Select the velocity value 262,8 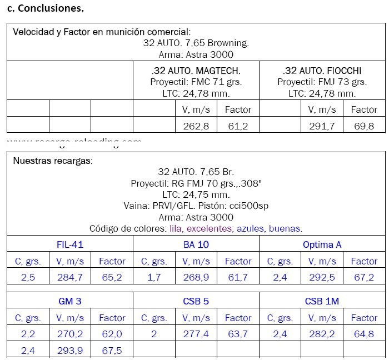pyautogui.click(x=196, y=126)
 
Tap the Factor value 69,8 pyautogui.click(x=364, y=126)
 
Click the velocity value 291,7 pyautogui.click(x=322, y=126)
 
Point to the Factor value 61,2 pyautogui.click(x=238, y=126)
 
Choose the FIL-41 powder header pyautogui.click(x=70, y=244)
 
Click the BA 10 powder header pyautogui.click(x=196, y=244)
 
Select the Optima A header pyautogui.click(x=322, y=244)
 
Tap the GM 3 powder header pyautogui.click(x=70, y=301)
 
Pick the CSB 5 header pyautogui.click(x=196, y=301)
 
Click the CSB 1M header pyautogui.click(x=322, y=301)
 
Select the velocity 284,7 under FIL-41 pyautogui.click(x=70, y=277)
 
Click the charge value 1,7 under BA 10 pyautogui.click(x=154, y=277)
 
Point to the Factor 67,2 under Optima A pyautogui.click(x=364, y=277)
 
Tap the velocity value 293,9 pyautogui.click(x=70, y=351)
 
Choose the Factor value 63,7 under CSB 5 pyautogui.click(x=238, y=334)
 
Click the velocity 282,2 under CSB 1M pyautogui.click(x=322, y=334)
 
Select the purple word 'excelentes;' pyautogui.click(x=210, y=228)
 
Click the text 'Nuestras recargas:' pyautogui.click(x=53, y=161)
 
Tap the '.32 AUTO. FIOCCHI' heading pyautogui.click(x=322, y=71)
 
